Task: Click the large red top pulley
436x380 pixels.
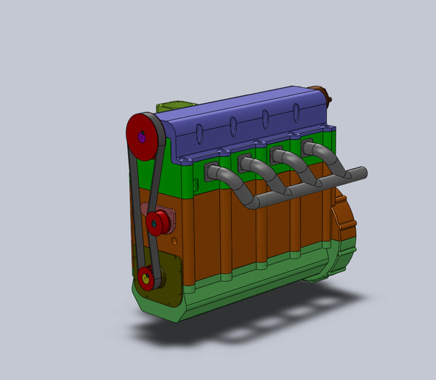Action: [142, 137]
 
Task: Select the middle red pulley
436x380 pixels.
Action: [156, 223]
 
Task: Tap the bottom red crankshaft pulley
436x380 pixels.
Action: [148, 278]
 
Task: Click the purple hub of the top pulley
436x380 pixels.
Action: [142, 135]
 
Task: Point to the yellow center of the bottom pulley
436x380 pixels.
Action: [145, 277]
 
